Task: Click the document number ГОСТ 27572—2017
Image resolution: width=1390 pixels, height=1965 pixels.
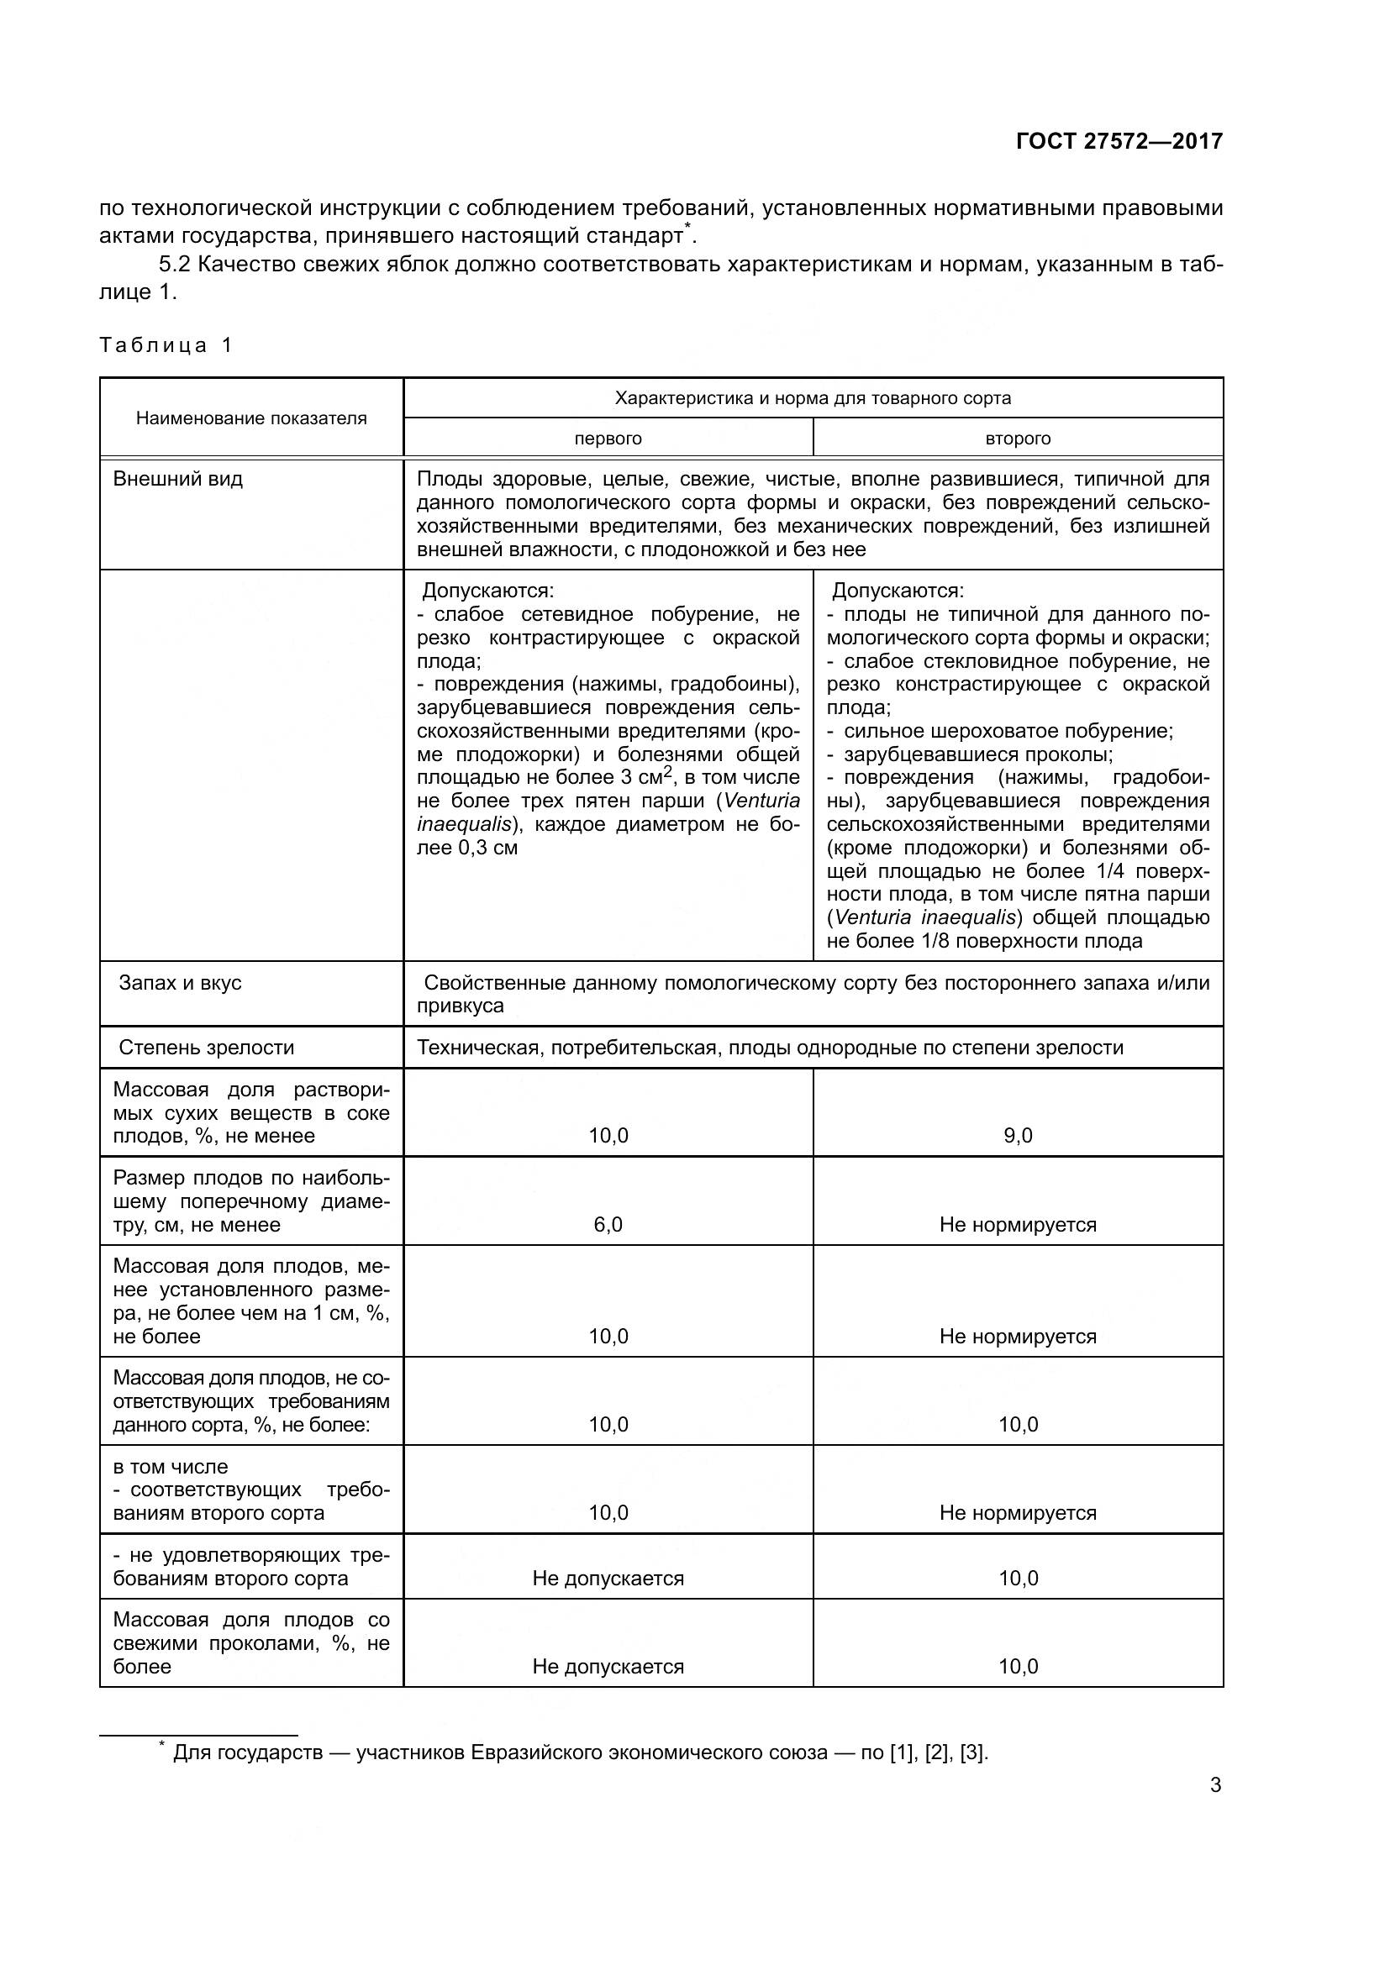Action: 1119,141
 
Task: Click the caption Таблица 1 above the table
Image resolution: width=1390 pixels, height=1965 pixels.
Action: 166,345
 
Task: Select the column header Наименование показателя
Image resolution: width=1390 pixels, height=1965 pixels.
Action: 250,418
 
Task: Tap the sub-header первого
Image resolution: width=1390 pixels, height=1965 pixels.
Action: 608,439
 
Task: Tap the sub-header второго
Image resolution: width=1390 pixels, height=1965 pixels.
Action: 1018,439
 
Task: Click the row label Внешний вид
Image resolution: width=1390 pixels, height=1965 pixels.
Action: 178,479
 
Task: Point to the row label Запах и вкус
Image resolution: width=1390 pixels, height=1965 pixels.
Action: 181,983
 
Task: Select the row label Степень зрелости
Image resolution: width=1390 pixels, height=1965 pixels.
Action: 206,1048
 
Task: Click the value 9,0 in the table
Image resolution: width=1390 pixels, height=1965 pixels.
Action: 1018,1136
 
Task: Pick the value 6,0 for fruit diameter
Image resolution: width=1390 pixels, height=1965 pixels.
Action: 608,1225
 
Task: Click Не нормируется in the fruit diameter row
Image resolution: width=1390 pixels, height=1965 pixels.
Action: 1018,1225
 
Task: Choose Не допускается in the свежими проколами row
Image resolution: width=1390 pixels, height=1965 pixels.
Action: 608,1666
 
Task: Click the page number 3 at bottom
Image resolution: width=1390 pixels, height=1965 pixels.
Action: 1215,1785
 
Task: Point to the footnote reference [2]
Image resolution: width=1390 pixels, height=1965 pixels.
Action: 938,1752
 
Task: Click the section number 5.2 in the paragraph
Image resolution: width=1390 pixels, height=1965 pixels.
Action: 175,265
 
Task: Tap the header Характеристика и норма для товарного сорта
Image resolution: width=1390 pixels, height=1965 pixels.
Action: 813,398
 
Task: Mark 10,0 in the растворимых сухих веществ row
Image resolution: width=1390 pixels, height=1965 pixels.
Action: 608,1136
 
